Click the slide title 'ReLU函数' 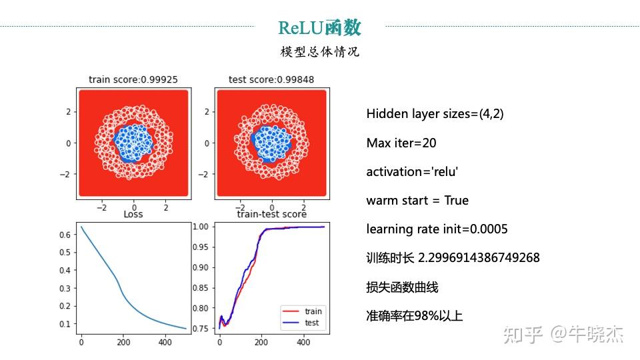[319, 27]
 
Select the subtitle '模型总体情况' [319, 52]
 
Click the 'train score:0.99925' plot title [133, 79]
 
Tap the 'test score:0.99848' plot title [271, 79]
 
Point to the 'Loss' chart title [133, 214]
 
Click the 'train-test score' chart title [271, 214]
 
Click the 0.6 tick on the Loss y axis [65, 235]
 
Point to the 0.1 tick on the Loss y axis [65, 324]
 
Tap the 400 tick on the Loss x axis [165, 342]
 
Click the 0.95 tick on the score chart [201, 247]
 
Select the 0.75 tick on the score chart [201, 329]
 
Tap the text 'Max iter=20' [401, 143]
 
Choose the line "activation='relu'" [412, 172]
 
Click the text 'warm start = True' [417, 201]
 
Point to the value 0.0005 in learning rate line [489, 229]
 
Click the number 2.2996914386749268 [479, 257]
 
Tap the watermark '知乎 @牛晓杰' [563, 335]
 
